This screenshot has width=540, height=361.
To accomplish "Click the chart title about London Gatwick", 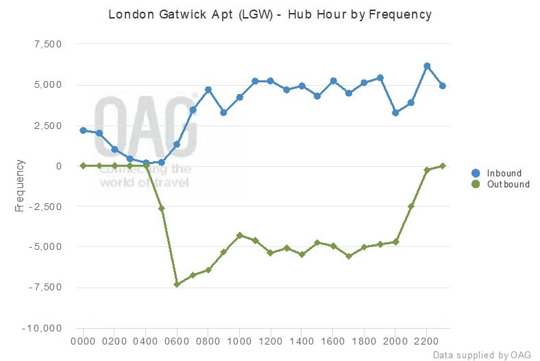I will [x=269, y=14].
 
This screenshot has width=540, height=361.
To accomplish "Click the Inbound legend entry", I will [x=504, y=173].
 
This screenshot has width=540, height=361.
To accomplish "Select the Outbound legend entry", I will [x=508, y=184].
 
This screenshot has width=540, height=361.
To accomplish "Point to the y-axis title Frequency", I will [x=20, y=186].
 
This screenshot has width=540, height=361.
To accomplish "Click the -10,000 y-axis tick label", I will [x=43, y=327].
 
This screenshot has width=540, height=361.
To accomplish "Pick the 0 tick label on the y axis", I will [x=59, y=166].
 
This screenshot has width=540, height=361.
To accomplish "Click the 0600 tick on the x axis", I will [x=177, y=340].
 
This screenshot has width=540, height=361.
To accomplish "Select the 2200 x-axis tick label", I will [x=427, y=340].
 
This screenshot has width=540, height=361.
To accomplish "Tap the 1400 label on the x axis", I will [x=302, y=340].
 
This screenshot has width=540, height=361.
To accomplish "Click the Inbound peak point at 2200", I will [x=427, y=66].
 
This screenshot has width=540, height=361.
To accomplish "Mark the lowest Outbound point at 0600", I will [x=177, y=284].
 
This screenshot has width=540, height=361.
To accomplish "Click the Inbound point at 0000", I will [x=83, y=130].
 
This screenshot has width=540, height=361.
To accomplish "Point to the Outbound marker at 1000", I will [x=239, y=235].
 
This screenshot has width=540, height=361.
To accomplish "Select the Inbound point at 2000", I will [x=395, y=113].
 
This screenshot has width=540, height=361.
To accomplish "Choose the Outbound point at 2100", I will [x=411, y=206].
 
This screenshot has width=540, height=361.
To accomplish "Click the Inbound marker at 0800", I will [x=208, y=90].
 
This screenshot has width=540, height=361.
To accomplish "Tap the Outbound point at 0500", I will [x=162, y=208].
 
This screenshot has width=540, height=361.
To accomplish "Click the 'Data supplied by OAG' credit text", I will [x=482, y=354].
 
